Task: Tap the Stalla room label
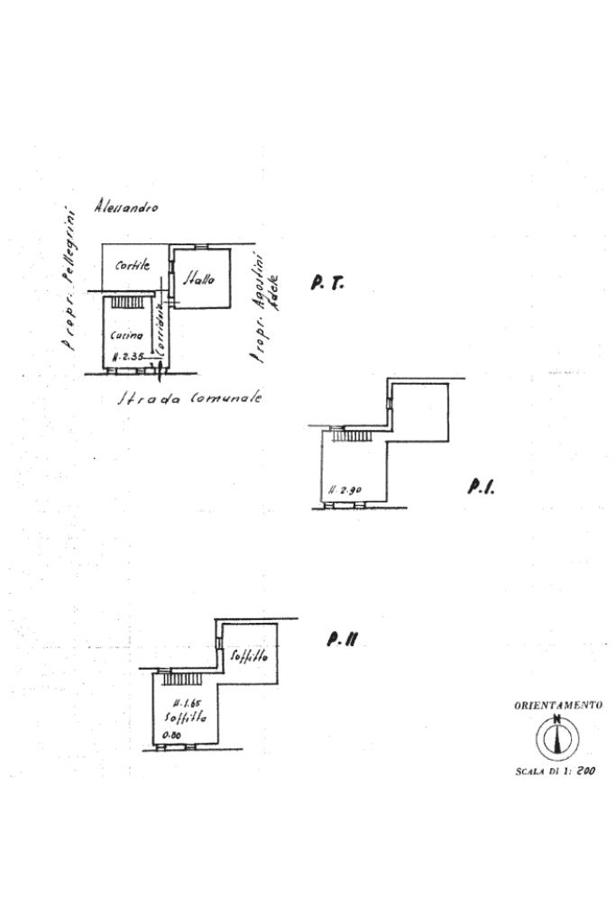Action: (x=200, y=280)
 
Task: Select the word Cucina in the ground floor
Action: (x=126, y=335)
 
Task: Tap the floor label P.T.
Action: (x=326, y=283)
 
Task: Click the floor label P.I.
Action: (x=481, y=487)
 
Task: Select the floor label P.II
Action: (x=344, y=640)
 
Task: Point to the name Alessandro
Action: (x=126, y=207)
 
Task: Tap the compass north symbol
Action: (x=557, y=738)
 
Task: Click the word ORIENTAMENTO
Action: (x=557, y=706)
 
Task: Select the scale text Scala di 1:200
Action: (x=556, y=771)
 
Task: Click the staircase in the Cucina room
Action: (x=126, y=303)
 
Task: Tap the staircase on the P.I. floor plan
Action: (x=352, y=435)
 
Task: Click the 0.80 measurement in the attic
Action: (x=171, y=735)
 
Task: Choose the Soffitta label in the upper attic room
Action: (x=249, y=656)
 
